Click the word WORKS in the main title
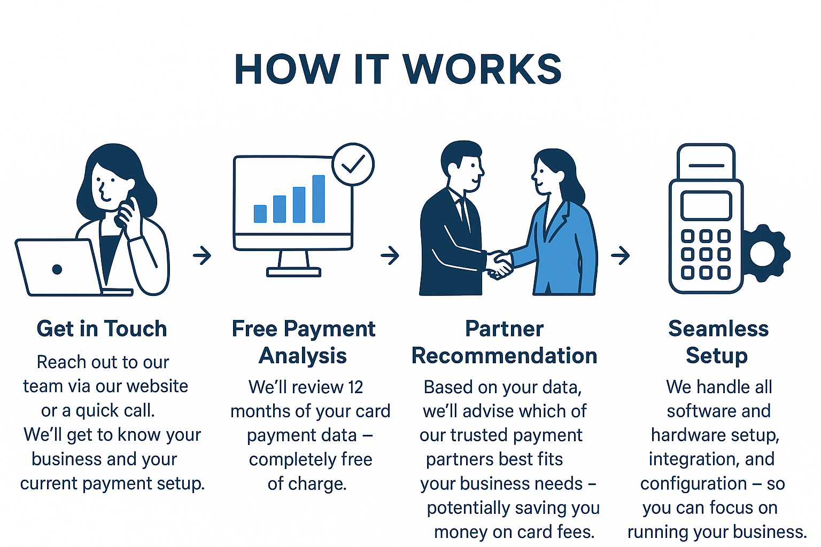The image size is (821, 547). coord(482,70)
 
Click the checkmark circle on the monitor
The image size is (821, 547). coord(353,164)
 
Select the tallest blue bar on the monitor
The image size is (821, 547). coord(319,198)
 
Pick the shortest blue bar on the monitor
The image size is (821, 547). coord(260,214)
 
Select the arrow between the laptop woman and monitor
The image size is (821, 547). coord(202,255)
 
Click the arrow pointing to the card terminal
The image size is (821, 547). coord(620,255)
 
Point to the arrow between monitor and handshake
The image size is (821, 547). coord(390,255)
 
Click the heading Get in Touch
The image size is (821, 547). coord(102,329)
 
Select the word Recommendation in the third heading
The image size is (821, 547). coord(504,356)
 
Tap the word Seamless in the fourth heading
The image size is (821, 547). coord(718,329)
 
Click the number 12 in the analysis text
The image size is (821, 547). coord(355,387)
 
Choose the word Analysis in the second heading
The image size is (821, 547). coord(303,356)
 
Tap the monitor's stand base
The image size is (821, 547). coord(293,272)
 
